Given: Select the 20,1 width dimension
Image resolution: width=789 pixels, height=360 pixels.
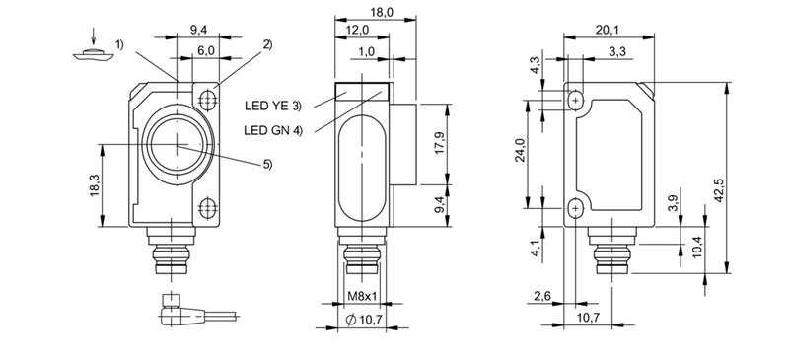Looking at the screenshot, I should [609, 30].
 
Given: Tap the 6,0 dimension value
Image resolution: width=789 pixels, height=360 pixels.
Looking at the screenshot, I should [205, 51].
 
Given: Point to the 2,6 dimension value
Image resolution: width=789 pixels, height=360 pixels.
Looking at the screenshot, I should [541, 297].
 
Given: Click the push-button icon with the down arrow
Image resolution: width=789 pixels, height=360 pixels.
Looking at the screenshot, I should [91, 54].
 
